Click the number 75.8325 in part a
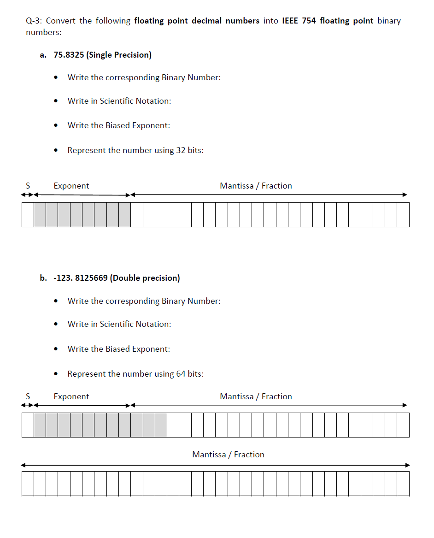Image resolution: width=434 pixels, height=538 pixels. click(x=69, y=55)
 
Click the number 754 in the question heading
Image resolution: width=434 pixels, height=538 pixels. click(x=309, y=21)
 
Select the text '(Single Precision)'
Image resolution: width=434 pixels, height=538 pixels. click(x=119, y=55)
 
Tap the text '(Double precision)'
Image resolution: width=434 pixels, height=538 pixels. click(x=145, y=278)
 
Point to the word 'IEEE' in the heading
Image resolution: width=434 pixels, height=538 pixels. click(x=290, y=21)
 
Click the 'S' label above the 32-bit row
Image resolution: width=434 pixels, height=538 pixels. click(x=28, y=186)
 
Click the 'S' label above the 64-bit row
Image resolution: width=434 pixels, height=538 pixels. click(x=28, y=396)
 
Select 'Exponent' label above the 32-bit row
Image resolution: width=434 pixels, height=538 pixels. click(x=71, y=186)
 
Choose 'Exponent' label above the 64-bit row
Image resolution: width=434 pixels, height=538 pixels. click(x=71, y=396)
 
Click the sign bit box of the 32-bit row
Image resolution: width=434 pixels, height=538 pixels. click(x=28, y=214)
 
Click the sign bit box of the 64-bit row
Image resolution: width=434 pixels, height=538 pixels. click(x=28, y=425)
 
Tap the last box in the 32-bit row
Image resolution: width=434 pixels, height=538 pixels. click(x=403, y=214)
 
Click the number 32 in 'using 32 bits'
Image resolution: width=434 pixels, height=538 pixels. click(x=181, y=150)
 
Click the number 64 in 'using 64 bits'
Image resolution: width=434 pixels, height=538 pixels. click(x=181, y=374)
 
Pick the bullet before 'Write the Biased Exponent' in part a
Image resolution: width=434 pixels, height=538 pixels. click(x=56, y=126)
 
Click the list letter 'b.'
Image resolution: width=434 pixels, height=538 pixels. click(x=43, y=278)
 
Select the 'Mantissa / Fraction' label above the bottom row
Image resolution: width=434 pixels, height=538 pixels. click(x=228, y=455)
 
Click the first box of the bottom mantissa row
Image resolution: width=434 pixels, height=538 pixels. click(x=28, y=484)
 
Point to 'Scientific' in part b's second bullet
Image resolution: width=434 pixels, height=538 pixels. click(x=117, y=324)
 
